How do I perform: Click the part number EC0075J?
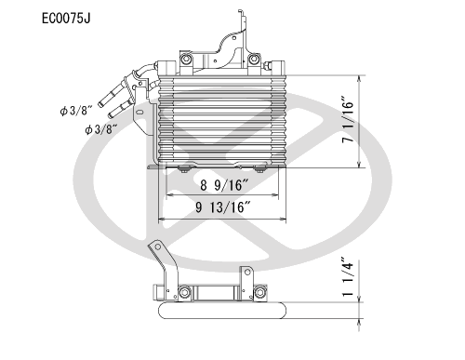click(66, 19)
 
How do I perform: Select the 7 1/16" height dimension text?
click(348, 120)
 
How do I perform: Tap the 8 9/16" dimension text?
click(225, 185)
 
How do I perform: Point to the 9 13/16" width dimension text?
click(223, 207)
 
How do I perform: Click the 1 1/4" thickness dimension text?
click(348, 276)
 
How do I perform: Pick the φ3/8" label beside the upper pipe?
click(76, 111)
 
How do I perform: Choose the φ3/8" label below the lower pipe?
click(101, 129)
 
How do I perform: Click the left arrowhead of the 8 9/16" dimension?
click(170, 195)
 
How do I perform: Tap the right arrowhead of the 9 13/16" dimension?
click(283, 219)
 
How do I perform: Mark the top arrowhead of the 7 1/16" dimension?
click(359, 79)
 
